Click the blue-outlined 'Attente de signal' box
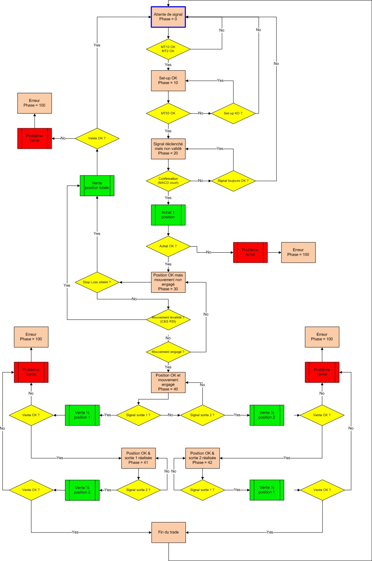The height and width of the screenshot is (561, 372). tap(168, 17)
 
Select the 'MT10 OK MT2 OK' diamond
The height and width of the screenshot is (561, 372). tap(168, 49)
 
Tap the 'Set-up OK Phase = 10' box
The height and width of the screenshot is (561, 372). tap(168, 81)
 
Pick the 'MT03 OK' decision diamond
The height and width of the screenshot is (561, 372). tap(168, 113)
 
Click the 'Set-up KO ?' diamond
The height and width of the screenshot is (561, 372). tap(233, 113)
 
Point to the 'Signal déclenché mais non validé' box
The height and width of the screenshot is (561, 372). tap(168, 149)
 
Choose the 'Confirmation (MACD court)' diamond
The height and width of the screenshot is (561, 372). tap(168, 181)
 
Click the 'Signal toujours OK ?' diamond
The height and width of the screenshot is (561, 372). tap(233, 181)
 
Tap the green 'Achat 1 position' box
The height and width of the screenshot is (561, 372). tap(168, 215)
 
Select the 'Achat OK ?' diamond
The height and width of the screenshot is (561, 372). tap(168, 246)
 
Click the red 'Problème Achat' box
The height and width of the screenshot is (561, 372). tap(250, 252)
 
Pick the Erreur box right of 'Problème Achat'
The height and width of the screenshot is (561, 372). tap(298, 252)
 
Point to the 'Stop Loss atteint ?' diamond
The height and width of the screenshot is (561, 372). tap(97, 282)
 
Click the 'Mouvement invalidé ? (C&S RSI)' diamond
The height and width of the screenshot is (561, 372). tap(168, 319)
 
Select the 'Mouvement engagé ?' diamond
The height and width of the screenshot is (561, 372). tap(168, 352)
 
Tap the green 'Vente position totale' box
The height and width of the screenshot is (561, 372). tap(97, 186)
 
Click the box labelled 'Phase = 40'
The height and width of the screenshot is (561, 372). tap(168, 382)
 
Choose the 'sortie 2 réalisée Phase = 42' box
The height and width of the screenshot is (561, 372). tap(202, 458)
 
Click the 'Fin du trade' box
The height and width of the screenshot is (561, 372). tap(169, 532)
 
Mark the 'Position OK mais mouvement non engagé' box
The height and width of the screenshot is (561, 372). tap(168, 282)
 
